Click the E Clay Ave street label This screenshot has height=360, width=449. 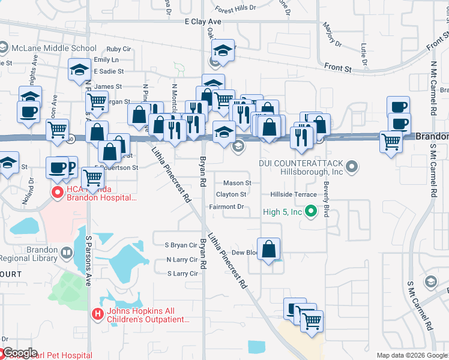(x=203, y=21)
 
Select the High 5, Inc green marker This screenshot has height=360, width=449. (x=310, y=211)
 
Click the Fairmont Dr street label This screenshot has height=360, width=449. (x=226, y=207)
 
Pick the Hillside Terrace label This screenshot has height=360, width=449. (x=293, y=195)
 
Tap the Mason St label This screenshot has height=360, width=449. (x=237, y=183)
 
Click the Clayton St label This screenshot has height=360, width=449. (x=231, y=194)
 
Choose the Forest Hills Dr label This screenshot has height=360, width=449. (x=235, y=10)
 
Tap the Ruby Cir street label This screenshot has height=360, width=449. (x=118, y=49)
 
